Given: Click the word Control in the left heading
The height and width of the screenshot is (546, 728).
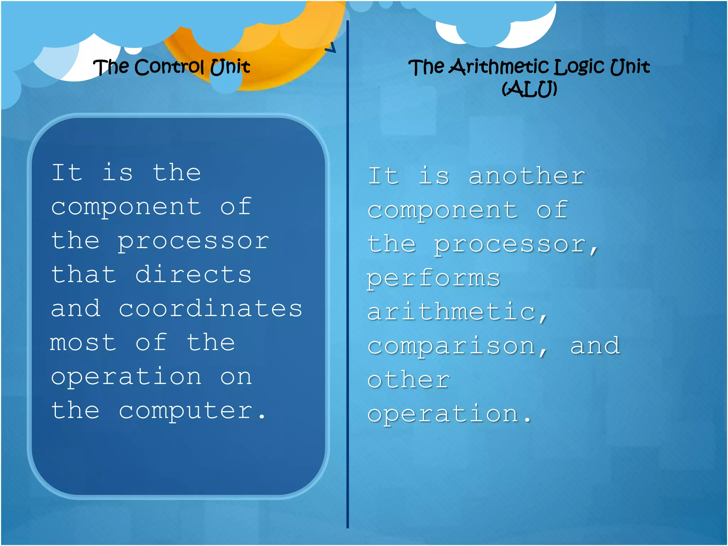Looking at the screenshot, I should [x=169, y=67].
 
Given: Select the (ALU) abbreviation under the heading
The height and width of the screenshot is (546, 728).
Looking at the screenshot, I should [x=529, y=89].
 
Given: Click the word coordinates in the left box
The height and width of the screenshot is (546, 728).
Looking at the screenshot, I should [x=210, y=309].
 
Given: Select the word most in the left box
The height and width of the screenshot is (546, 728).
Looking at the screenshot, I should [x=83, y=343].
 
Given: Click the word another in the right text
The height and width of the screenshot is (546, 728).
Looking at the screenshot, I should [x=527, y=176].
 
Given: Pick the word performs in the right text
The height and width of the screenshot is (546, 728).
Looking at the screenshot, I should [x=434, y=279].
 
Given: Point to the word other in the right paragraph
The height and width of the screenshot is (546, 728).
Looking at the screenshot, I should [x=409, y=380].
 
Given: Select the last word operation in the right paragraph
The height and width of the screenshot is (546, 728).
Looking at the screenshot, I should [x=443, y=414].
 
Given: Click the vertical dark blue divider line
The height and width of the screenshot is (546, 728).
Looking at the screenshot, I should [x=347, y=284].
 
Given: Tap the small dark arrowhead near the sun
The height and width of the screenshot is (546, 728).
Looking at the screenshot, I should [x=331, y=48].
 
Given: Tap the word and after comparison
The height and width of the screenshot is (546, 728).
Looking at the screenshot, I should [x=595, y=346].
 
